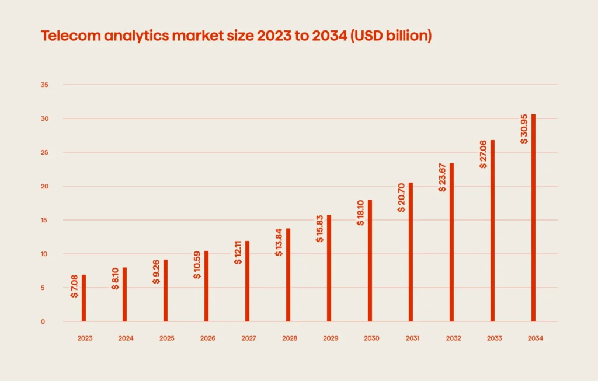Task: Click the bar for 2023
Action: pos(84,298)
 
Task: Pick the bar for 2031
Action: pos(411,252)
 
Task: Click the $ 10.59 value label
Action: pos(197,264)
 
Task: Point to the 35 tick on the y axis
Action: pos(44,85)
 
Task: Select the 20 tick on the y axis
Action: pos(44,187)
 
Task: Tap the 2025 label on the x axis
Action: pos(166,338)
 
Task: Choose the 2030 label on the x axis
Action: pos(371,338)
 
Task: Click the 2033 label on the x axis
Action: pos(493,338)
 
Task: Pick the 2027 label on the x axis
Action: pos(248,338)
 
